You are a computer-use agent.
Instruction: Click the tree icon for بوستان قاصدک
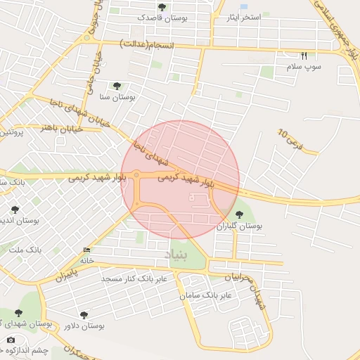[x=162, y=7]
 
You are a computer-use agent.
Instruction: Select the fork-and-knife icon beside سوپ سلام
[x=304, y=56]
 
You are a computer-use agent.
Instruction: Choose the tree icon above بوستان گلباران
[x=239, y=214]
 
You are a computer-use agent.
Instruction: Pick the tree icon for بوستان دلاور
[x=84, y=316]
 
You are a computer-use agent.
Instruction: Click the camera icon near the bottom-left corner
[x=11, y=340]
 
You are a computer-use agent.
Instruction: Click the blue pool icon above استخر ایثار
[x=244, y=6]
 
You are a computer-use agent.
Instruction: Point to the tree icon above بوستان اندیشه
[x=15, y=209]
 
